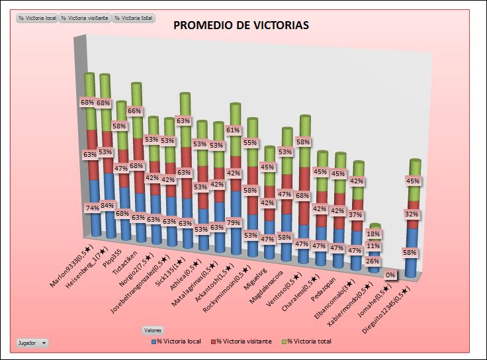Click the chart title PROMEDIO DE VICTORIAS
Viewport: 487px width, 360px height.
pyautogui.click(x=241, y=25)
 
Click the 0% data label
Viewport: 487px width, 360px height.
pyautogui.click(x=390, y=275)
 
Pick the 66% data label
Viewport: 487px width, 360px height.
pyautogui.click(x=136, y=111)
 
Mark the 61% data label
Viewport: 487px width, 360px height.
pyautogui.click(x=233, y=130)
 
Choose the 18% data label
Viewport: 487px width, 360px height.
pyautogui.click(x=373, y=234)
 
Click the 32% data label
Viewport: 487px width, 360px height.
pyautogui.click(x=412, y=214)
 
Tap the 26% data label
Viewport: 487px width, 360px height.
pyautogui.click(x=373, y=261)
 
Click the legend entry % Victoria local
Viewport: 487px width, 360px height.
pyautogui.click(x=176, y=341)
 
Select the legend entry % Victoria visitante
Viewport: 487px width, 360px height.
pyautogui.click(x=241, y=341)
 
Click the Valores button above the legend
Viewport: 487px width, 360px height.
pyautogui.click(x=153, y=330)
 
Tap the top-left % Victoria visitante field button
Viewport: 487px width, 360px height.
pyautogui.click(x=85, y=18)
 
